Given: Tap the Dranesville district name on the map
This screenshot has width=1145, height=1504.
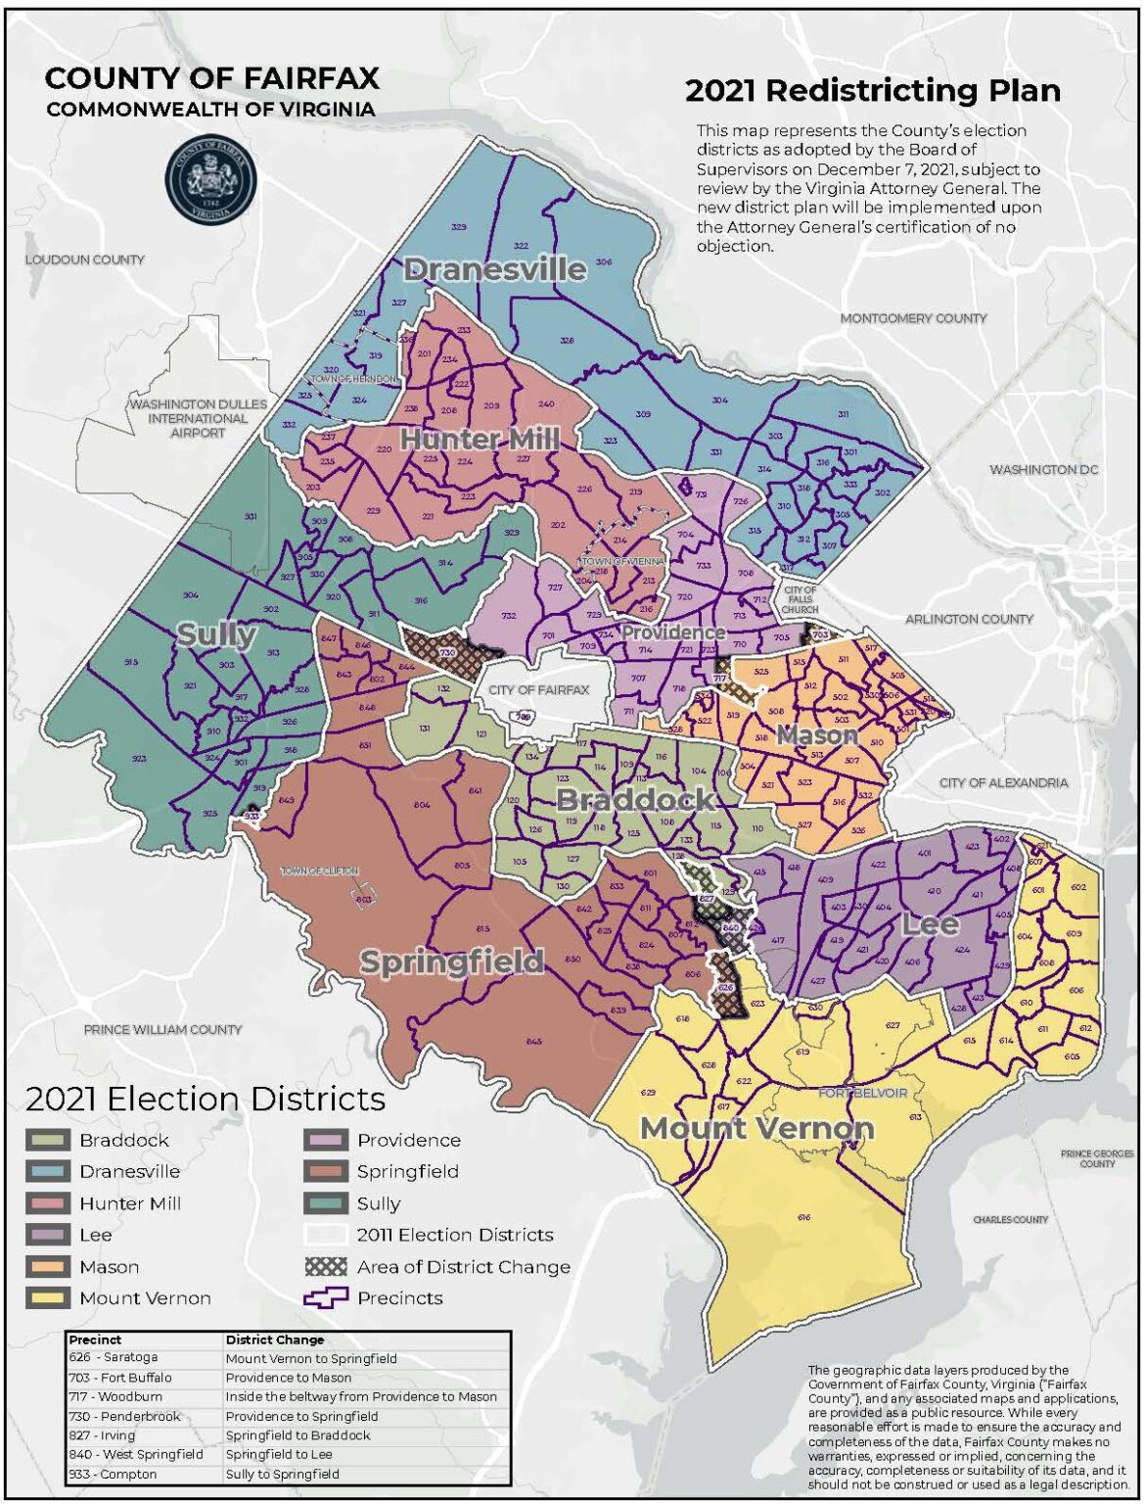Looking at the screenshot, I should pyautogui.click(x=495, y=269).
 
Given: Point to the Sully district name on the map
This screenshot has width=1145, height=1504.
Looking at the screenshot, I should pyautogui.click(x=216, y=634).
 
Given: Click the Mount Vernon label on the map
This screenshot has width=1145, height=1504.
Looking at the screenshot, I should pyautogui.click(x=756, y=1128).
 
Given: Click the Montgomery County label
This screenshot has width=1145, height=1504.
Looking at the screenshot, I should pyautogui.click(x=913, y=318).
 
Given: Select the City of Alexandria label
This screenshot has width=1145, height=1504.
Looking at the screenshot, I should pyautogui.click(x=1003, y=782).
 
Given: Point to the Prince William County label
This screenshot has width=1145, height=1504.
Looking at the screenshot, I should pyautogui.click(x=162, y=1029).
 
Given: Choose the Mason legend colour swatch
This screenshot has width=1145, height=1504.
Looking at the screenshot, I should pyautogui.click(x=47, y=1267).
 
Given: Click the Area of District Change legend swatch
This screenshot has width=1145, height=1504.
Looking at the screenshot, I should pyautogui.click(x=326, y=1267).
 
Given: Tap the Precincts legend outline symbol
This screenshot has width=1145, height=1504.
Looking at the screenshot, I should pyautogui.click(x=326, y=1298).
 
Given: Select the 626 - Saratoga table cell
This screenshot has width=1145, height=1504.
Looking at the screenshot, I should pyautogui.click(x=143, y=1358).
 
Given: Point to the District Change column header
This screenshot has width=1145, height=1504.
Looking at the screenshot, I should pyautogui.click(x=274, y=1339).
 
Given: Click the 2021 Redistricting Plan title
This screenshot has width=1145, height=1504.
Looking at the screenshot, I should pyautogui.click(x=872, y=91).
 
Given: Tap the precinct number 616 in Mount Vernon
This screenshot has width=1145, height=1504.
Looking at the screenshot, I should pyautogui.click(x=804, y=1217).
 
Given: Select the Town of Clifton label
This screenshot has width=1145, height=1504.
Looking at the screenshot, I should pyautogui.click(x=320, y=870).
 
